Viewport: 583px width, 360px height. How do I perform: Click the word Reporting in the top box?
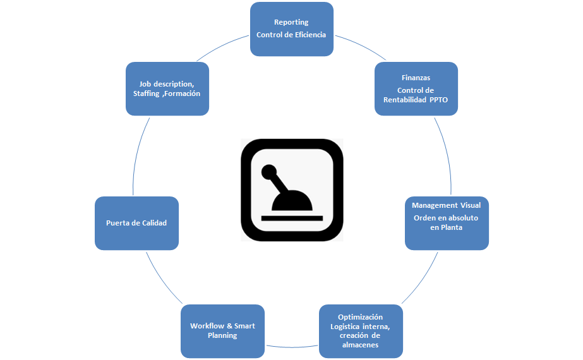(x=291, y=23)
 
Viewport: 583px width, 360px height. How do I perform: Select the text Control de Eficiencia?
(x=291, y=35)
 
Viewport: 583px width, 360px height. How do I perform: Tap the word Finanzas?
(x=416, y=78)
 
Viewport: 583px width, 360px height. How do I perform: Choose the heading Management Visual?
(x=446, y=205)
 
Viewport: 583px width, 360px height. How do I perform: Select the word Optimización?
(x=360, y=316)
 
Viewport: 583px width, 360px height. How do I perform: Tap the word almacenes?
(x=360, y=345)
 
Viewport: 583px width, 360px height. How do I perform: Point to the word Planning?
(x=222, y=335)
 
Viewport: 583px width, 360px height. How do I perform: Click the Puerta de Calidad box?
(x=136, y=223)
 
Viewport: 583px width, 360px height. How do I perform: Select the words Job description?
(x=167, y=84)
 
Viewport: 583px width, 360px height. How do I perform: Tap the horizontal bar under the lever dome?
(x=292, y=218)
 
